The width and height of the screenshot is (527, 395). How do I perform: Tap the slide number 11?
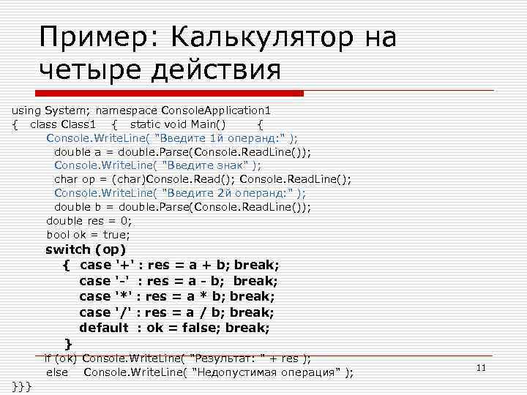(x=481, y=367)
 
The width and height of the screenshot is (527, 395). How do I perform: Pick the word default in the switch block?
(x=104, y=328)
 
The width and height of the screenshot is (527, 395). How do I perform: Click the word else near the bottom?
(x=57, y=372)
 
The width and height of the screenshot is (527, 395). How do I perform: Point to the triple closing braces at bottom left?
(x=21, y=385)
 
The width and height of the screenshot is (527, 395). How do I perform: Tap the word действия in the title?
(x=219, y=71)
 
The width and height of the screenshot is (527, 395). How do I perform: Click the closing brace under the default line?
(x=68, y=343)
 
